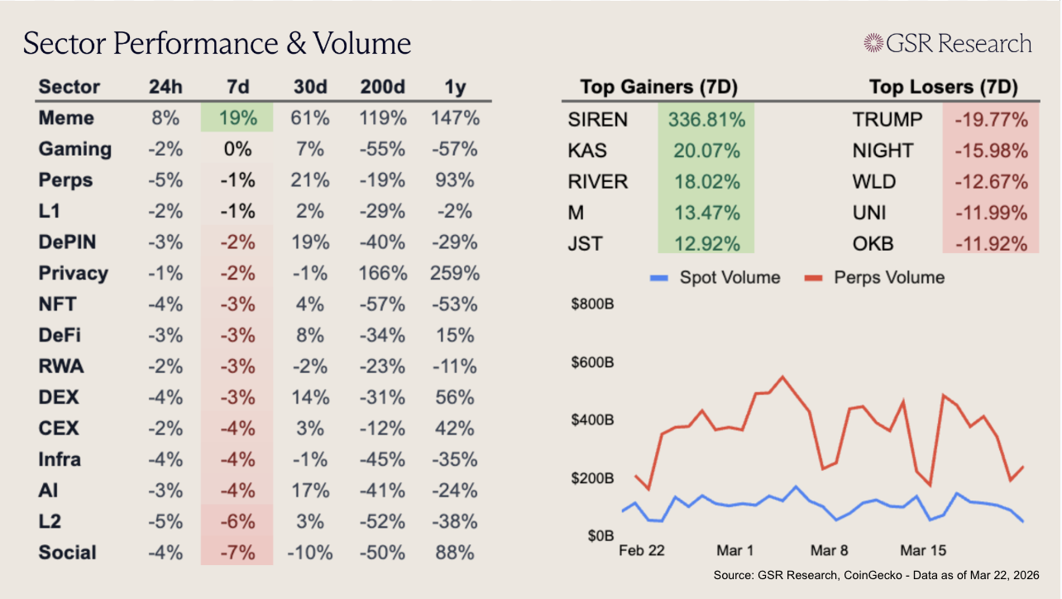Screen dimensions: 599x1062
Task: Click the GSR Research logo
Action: click(x=947, y=43)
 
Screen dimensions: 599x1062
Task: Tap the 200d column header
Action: click(x=382, y=87)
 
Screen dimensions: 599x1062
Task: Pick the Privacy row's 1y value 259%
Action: click(x=454, y=273)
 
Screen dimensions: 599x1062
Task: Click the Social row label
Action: click(x=68, y=553)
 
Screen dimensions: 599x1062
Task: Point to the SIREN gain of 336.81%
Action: click(x=706, y=120)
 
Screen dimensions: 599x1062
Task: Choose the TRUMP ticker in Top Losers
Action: click(x=887, y=120)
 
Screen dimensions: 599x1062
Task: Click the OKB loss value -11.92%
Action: click(x=990, y=244)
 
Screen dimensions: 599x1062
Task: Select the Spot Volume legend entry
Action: click(x=715, y=277)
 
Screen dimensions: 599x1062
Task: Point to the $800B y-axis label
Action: click(x=592, y=304)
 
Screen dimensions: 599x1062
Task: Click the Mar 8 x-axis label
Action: click(x=830, y=550)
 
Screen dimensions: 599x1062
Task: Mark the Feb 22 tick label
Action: click(x=642, y=550)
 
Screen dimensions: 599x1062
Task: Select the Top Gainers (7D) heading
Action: click(x=658, y=87)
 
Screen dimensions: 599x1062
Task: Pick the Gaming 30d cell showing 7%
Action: click(x=310, y=149)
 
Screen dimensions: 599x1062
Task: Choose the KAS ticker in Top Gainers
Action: click(x=588, y=151)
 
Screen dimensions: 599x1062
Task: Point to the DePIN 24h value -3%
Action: click(x=164, y=242)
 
